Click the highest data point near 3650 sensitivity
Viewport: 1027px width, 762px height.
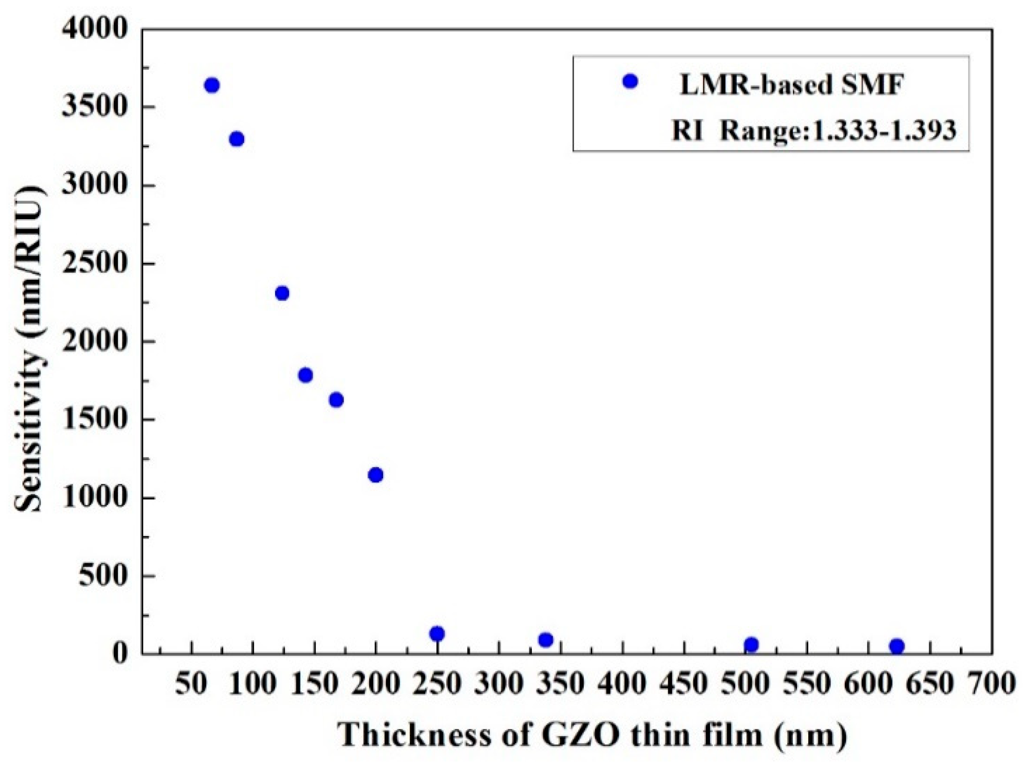[x=212, y=85]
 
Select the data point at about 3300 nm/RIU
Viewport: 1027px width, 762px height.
[x=237, y=139]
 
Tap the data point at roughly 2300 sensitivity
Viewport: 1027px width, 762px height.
[x=282, y=293]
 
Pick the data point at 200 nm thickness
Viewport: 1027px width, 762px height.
[x=376, y=475]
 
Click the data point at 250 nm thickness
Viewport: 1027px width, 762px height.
[x=437, y=634]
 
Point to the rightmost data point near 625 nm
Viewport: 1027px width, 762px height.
[x=897, y=646]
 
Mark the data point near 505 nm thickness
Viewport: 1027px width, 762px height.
[x=751, y=644]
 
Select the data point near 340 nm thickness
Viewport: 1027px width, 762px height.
[x=546, y=640]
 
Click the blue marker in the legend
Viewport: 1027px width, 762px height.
[x=629, y=82]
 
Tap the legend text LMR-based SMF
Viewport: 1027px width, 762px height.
[x=790, y=85]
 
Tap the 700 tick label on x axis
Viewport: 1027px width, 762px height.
[x=991, y=683]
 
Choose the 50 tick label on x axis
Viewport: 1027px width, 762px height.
[x=191, y=683]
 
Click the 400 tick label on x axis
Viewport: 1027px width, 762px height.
[x=622, y=683]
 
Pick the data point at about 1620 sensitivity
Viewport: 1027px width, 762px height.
[x=336, y=400]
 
